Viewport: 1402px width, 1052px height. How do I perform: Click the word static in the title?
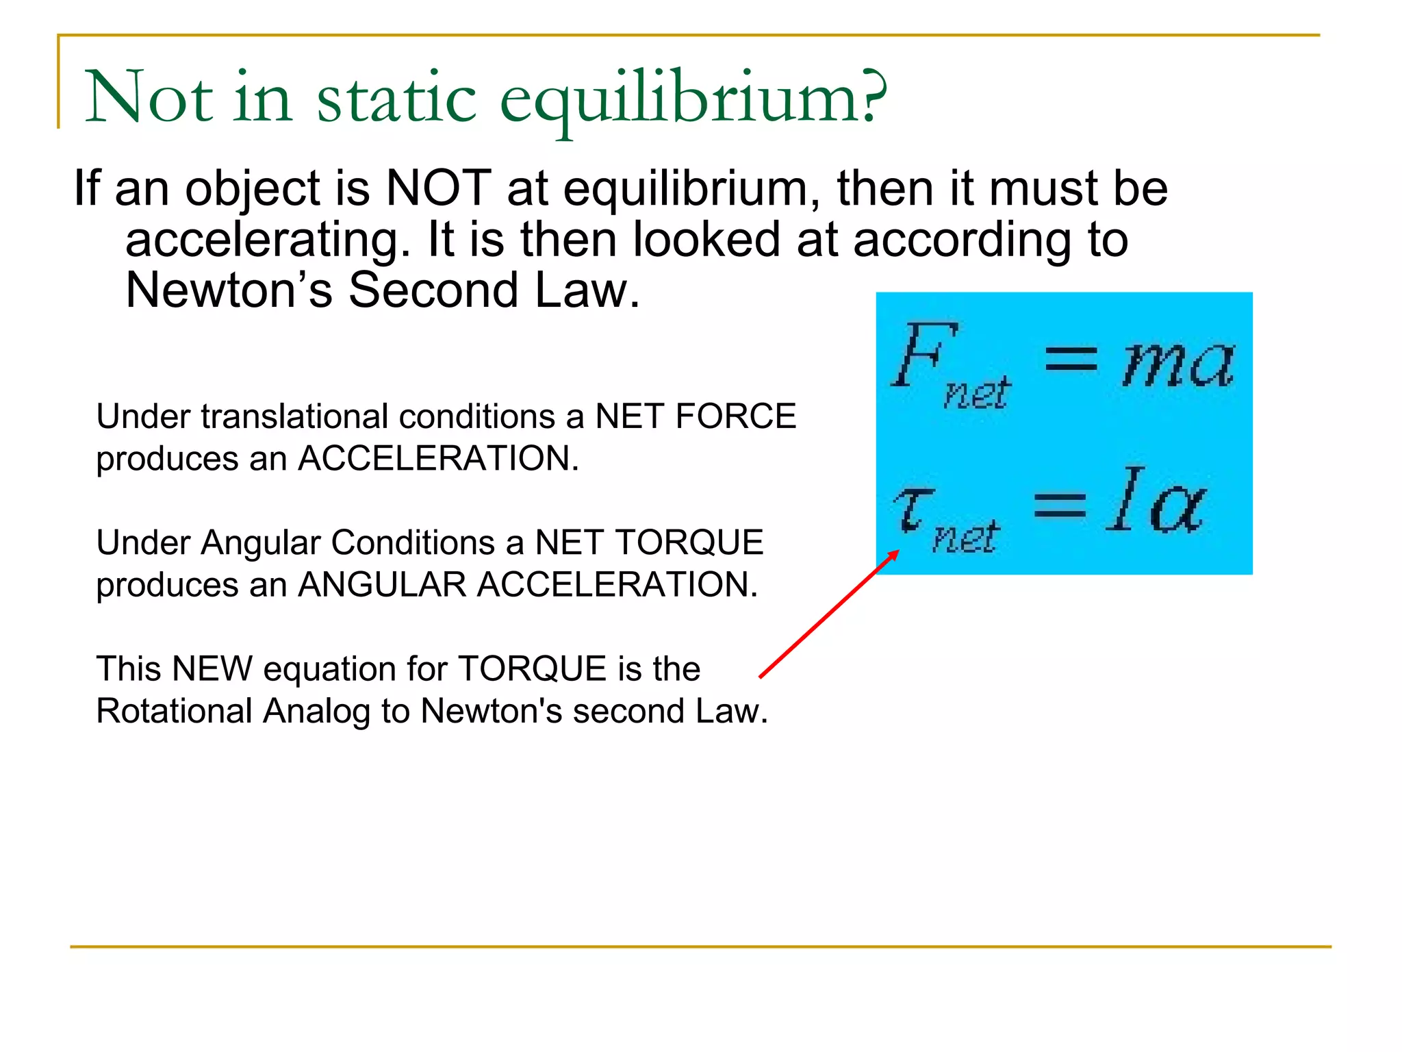click(x=396, y=98)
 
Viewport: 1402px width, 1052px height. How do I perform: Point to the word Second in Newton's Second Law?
click(x=433, y=290)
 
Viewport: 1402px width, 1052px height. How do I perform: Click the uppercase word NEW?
click(x=212, y=668)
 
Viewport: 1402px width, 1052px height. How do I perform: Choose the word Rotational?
click(x=174, y=711)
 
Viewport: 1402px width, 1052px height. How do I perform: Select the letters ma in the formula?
click(x=1177, y=364)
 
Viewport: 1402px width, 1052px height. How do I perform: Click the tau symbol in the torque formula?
click(x=913, y=510)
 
